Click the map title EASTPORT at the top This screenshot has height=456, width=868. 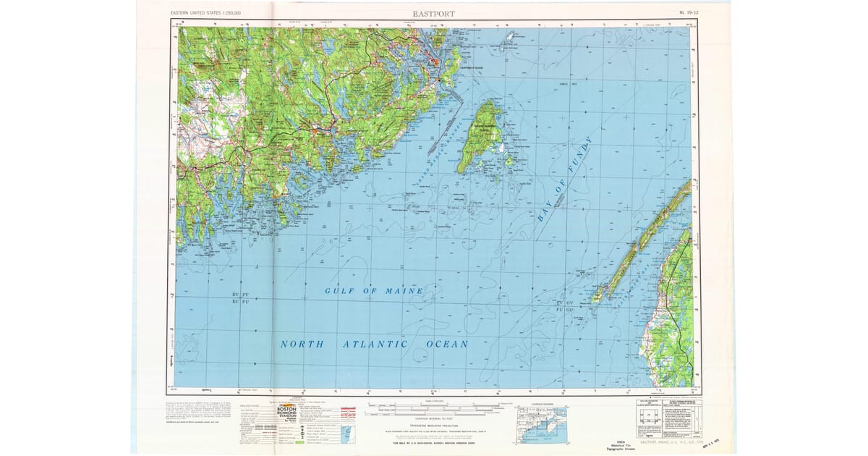(x=433, y=13)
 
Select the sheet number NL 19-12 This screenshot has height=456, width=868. (x=689, y=13)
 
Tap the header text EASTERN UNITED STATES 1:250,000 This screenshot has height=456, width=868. (x=205, y=13)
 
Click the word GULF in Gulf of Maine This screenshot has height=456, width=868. (x=338, y=291)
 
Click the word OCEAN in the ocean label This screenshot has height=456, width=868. (x=447, y=345)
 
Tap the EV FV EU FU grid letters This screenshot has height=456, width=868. (x=240, y=297)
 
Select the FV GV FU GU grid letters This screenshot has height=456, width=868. (x=564, y=305)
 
